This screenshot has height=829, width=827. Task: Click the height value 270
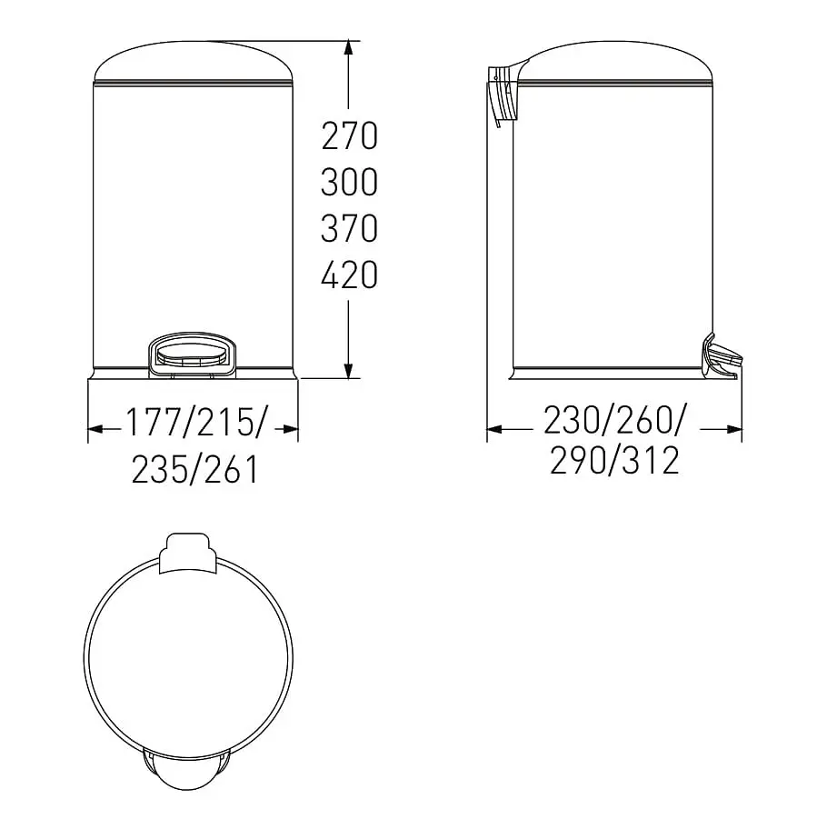coord(349,135)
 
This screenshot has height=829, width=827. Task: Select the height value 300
coord(349,182)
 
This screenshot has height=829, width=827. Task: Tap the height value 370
coord(349,228)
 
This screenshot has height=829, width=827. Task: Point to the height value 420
coord(349,275)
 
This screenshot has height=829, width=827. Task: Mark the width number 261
coord(232,469)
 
